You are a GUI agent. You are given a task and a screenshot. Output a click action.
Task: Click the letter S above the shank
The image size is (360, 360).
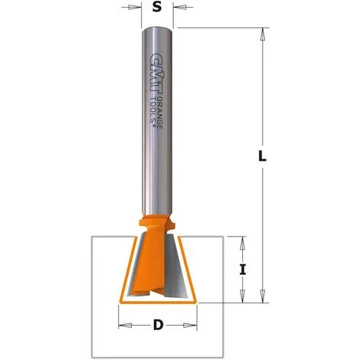pyautogui.click(x=157, y=9)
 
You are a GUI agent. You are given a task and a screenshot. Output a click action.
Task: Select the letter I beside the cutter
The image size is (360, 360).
pyautogui.click(x=243, y=270)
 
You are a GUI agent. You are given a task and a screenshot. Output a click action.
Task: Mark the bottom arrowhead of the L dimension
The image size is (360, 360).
pyautogui.click(x=263, y=296)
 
